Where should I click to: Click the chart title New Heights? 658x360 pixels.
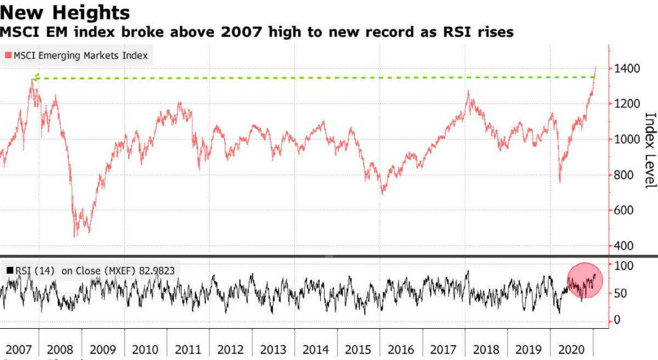click(65, 12)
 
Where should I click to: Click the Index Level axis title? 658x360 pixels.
click(650, 150)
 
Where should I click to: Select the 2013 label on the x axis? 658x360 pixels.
click(273, 349)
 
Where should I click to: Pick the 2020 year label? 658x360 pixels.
click(570, 349)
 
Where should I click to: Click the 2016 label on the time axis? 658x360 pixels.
click(400, 349)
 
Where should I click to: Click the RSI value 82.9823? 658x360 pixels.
click(155, 270)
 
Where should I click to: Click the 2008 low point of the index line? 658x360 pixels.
click(75, 236)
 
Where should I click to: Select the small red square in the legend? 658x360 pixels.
click(8, 55)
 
